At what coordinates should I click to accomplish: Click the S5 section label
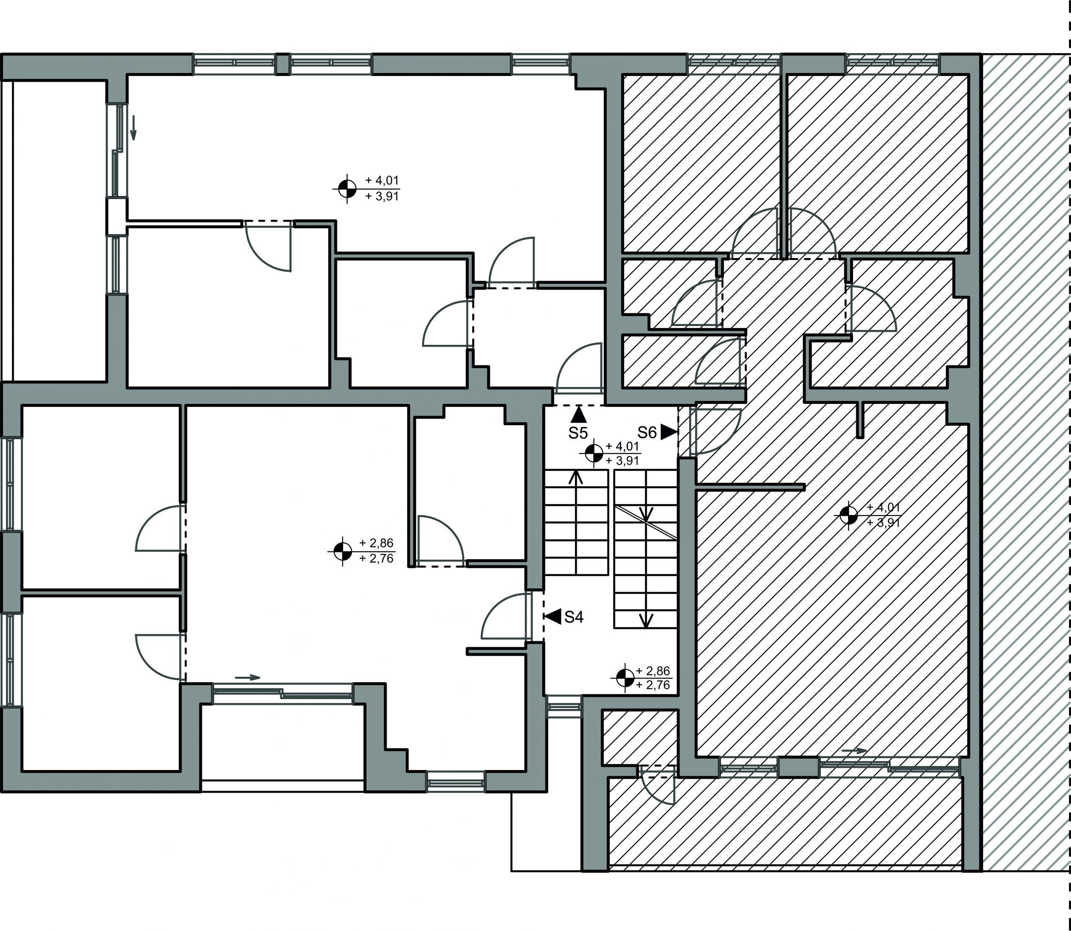pos(578,433)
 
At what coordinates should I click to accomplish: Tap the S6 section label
pos(647,432)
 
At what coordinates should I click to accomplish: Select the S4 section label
pos(574,617)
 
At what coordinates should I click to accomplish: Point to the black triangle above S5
pos(578,415)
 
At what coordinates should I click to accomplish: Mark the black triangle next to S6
pos(669,432)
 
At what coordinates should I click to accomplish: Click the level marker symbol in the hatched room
pos(848,515)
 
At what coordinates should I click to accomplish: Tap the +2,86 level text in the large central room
pos(377,543)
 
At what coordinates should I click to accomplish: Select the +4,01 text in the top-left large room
pos(382,180)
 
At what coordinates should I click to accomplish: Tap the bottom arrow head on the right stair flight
pos(646,620)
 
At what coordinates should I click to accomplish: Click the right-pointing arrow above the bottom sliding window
pos(248,678)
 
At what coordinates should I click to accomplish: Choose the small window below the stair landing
pos(564,707)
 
